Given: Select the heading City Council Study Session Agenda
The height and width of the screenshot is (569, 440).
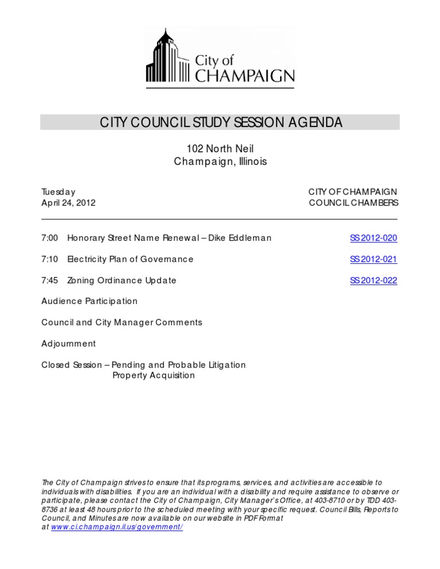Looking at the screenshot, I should (x=221, y=123).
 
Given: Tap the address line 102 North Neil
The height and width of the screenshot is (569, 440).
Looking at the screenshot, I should (x=220, y=149).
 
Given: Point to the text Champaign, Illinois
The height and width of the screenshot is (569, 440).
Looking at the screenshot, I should (x=220, y=162).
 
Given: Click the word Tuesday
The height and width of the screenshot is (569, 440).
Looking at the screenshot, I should (x=58, y=192).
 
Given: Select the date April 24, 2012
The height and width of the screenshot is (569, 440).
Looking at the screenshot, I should (x=68, y=203).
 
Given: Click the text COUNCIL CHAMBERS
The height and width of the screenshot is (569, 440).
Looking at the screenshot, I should (x=353, y=203).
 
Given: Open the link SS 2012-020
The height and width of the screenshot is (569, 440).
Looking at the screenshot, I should (x=373, y=238).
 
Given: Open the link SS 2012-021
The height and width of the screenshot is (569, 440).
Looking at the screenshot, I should (x=373, y=259).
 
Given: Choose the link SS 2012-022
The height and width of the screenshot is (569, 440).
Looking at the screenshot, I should (x=373, y=280).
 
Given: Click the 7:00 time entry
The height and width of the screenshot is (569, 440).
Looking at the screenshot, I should (x=49, y=238).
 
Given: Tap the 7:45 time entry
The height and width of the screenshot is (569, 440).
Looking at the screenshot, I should (x=49, y=280).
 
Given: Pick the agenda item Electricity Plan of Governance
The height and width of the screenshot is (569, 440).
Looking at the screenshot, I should (x=130, y=259).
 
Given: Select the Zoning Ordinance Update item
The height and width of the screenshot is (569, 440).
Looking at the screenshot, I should (x=121, y=280).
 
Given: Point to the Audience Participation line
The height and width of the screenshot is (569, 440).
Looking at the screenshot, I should (x=89, y=301).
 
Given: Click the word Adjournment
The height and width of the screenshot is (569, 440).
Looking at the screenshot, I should (x=68, y=343).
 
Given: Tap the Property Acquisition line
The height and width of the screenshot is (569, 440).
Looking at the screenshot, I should (x=153, y=376).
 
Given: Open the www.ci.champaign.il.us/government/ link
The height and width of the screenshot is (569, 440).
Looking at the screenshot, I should (x=117, y=527).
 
